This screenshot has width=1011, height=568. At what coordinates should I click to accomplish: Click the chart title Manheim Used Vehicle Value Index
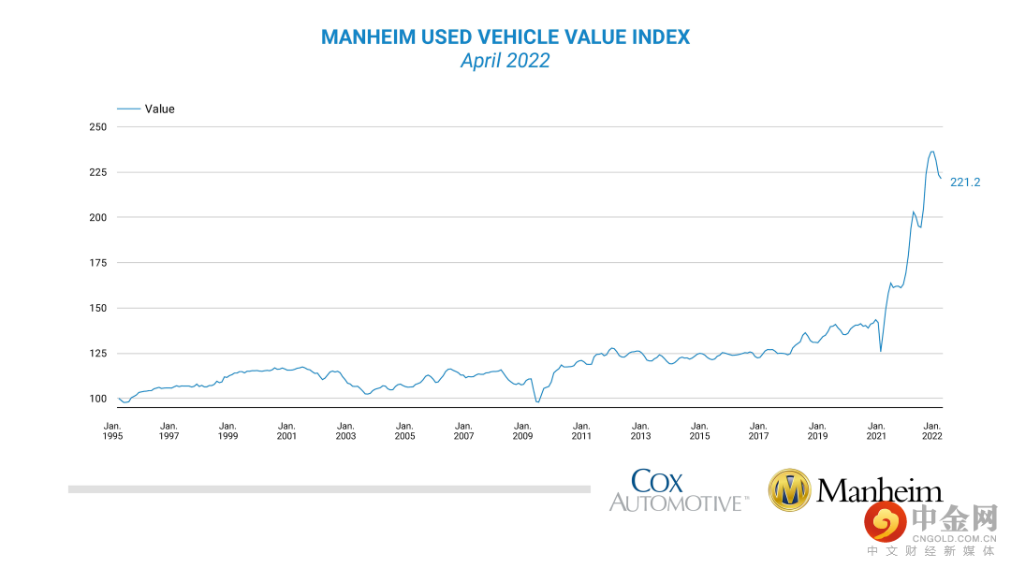pos(505,37)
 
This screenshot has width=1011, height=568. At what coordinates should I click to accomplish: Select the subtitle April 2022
pos(505,61)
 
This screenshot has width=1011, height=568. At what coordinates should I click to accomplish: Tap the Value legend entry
pos(159,109)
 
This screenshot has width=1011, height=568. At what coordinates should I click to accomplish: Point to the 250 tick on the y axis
pos(98,127)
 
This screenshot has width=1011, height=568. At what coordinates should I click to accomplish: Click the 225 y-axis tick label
pos(98,172)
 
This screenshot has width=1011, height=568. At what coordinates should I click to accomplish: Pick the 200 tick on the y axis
pos(98,217)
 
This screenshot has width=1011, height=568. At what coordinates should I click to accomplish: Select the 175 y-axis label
pos(98,263)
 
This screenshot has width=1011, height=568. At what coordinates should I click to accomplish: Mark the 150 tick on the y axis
pos(98,308)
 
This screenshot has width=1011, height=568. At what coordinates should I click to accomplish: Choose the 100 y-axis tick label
pos(98,399)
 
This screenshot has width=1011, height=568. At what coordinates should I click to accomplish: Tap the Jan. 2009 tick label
pos(522,430)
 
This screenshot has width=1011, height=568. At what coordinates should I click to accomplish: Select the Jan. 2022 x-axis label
pos(932,430)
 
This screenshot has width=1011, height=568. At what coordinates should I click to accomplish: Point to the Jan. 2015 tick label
pos(699,430)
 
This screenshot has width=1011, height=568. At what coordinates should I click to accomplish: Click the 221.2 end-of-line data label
pos(965,182)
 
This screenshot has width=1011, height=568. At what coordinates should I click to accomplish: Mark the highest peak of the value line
pos(931,152)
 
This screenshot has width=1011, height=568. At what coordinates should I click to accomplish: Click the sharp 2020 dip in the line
pos(880,351)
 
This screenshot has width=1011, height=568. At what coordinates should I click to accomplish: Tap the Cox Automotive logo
pos(678,491)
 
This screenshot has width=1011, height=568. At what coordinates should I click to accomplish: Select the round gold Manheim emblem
pos(789,490)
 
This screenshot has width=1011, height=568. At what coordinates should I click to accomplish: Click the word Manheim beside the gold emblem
pos(879,490)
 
